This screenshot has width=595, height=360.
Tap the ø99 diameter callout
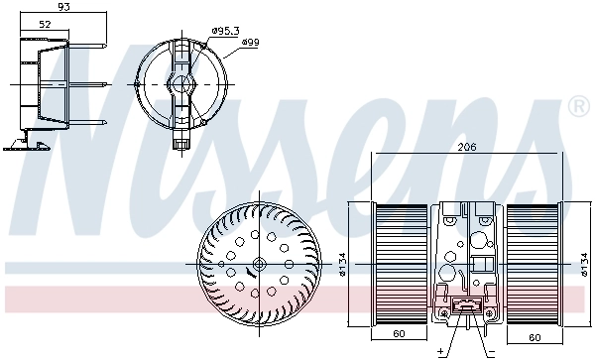click(x=251, y=41)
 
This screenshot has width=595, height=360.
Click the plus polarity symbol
click(x=439, y=351)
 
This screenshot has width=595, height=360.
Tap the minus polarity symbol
click(x=489, y=351)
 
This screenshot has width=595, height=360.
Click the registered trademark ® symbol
click(x=577, y=105)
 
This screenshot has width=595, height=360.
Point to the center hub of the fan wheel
click(x=258, y=264)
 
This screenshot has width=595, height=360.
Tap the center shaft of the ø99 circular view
click(x=180, y=85)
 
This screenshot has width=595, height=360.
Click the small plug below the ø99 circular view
click(x=180, y=143)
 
